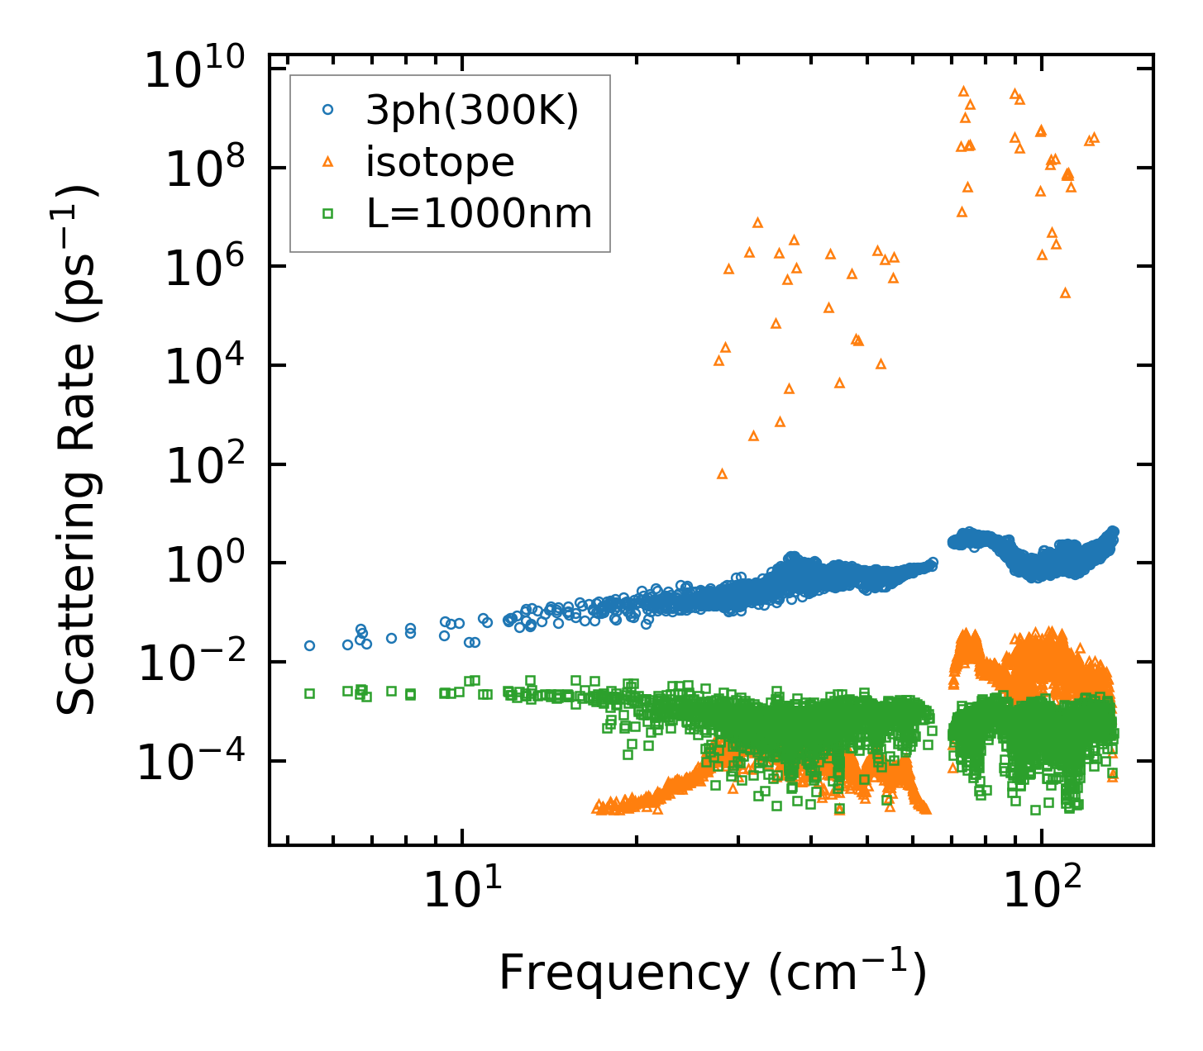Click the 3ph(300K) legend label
click(x=472, y=111)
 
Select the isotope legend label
click(x=440, y=162)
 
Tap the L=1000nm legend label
click(x=479, y=214)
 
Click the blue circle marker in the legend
click(x=327, y=110)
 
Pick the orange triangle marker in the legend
click(x=327, y=162)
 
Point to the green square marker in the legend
click(x=327, y=214)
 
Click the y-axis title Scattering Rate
click(x=77, y=449)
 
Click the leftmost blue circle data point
click(x=309, y=645)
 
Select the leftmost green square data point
click(x=309, y=693)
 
